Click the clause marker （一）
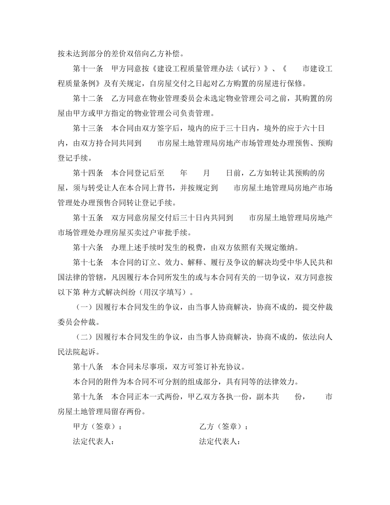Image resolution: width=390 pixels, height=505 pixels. click(x=84, y=307)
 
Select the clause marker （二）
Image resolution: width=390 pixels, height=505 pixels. click(x=84, y=337)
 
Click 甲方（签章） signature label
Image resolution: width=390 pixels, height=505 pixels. click(x=97, y=427)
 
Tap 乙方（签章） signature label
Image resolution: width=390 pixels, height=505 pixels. click(x=223, y=427)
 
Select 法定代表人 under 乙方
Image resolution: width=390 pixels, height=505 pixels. click(x=220, y=442)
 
